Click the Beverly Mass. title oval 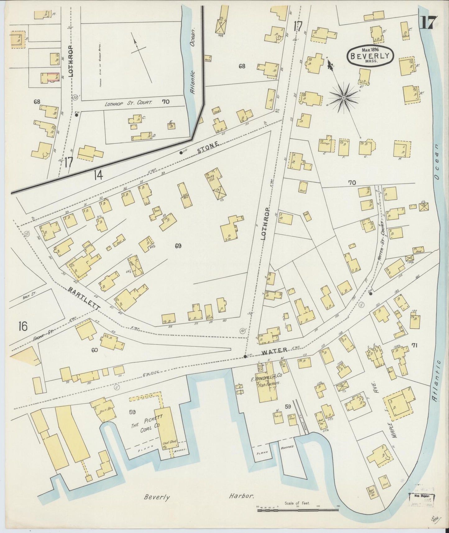point(370,56)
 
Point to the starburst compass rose point(344,98)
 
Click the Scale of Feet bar point(298,509)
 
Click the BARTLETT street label point(84,298)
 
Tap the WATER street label point(274,351)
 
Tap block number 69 point(178,246)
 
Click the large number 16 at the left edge point(23,326)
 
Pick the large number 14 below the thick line point(98,176)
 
